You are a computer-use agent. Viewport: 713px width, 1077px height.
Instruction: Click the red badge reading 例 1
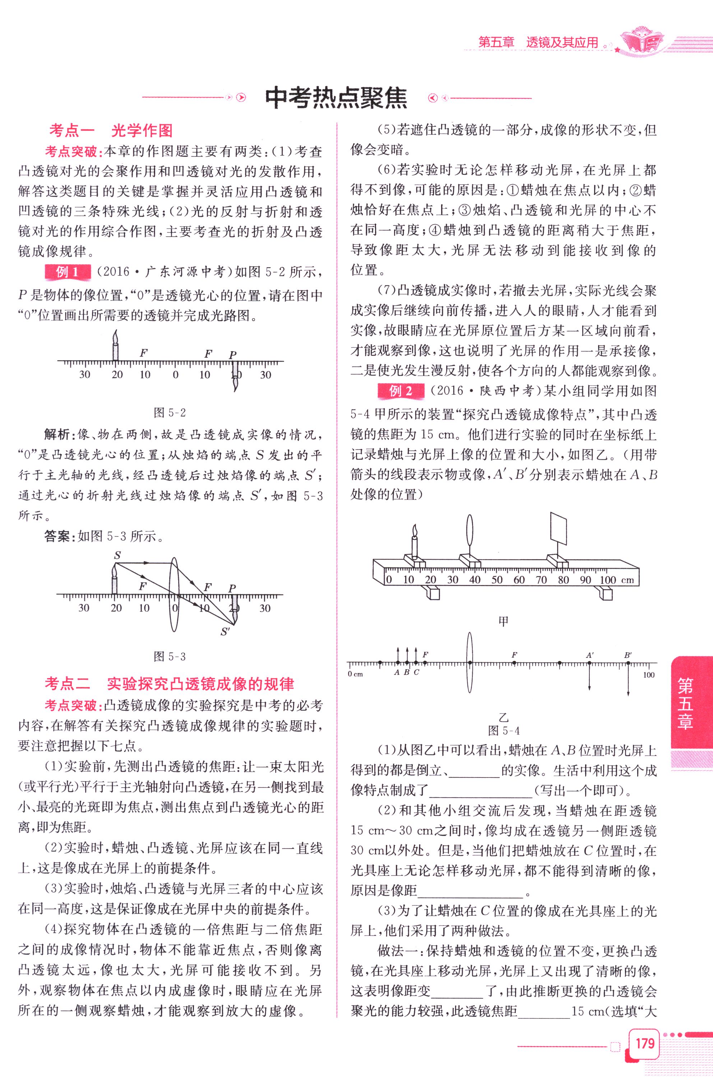coord(68,272)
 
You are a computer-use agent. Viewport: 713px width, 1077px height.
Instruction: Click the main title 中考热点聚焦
coord(336,97)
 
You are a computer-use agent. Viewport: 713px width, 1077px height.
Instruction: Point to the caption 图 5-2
coord(170,413)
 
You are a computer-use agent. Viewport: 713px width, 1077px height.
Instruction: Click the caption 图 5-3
coord(170,656)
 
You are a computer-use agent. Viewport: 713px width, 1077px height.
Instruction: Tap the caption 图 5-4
coord(503,730)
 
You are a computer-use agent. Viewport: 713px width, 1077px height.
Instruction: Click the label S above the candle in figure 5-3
coord(117,556)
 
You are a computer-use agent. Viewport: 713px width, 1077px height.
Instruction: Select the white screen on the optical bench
coord(559,529)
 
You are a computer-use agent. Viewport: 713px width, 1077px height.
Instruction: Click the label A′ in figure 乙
coord(590,655)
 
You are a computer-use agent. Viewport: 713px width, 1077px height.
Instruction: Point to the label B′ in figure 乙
coord(628,655)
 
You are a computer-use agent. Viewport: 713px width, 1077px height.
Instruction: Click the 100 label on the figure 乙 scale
coord(648,675)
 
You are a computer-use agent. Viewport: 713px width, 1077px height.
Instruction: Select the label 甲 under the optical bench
coord(503,621)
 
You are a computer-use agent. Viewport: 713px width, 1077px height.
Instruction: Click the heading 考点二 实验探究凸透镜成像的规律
coord(169,684)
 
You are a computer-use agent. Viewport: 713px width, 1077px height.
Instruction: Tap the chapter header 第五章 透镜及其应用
coord(538,42)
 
